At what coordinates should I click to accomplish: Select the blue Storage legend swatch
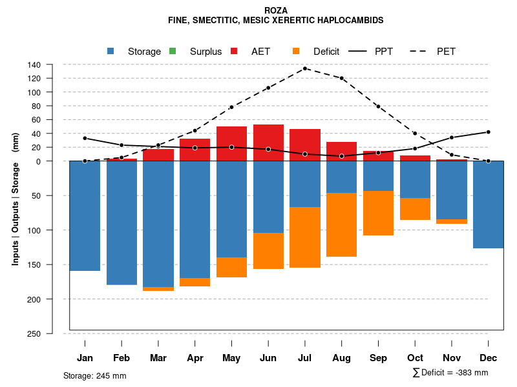[x=111, y=51]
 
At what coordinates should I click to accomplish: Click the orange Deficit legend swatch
[x=296, y=51]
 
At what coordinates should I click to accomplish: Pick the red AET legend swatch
[x=234, y=51]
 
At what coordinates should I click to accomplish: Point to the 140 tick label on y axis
[x=34, y=64]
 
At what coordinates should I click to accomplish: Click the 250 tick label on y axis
[x=34, y=333]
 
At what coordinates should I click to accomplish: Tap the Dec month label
[x=488, y=358]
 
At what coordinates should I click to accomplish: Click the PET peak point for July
[x=304, y=68]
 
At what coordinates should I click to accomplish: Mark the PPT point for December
[x=488, y=132]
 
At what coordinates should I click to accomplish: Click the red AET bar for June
[x=268, y=143]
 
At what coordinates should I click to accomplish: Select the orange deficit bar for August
[x=341, y=224]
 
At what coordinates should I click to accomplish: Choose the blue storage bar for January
[x=85, y=216]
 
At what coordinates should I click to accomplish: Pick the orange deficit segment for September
[x=378, y=213]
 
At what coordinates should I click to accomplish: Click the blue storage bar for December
[x=488, y=204]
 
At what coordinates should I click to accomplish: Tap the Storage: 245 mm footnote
[x=94, y=375]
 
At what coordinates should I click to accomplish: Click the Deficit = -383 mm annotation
[x=450, y=373]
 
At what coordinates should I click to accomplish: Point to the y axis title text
[x=16, y=199]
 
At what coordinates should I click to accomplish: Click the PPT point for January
[x=85, y=138]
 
